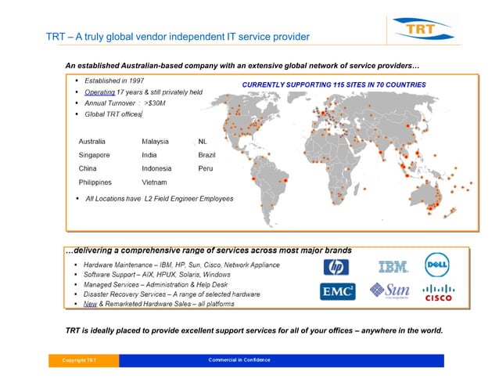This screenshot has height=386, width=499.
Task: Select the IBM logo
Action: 392,267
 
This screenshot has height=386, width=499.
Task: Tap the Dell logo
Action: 436,264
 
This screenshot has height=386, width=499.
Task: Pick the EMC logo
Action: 338,292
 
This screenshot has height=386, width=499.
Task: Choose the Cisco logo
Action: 437,293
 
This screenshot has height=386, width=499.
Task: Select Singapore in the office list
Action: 95,155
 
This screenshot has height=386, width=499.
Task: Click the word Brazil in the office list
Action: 210,155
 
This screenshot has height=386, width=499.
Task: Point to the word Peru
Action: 206,168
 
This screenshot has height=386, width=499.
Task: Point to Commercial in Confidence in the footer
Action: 239,360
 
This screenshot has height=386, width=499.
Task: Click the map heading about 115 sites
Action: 333,83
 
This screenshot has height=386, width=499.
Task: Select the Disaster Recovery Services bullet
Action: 179,294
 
